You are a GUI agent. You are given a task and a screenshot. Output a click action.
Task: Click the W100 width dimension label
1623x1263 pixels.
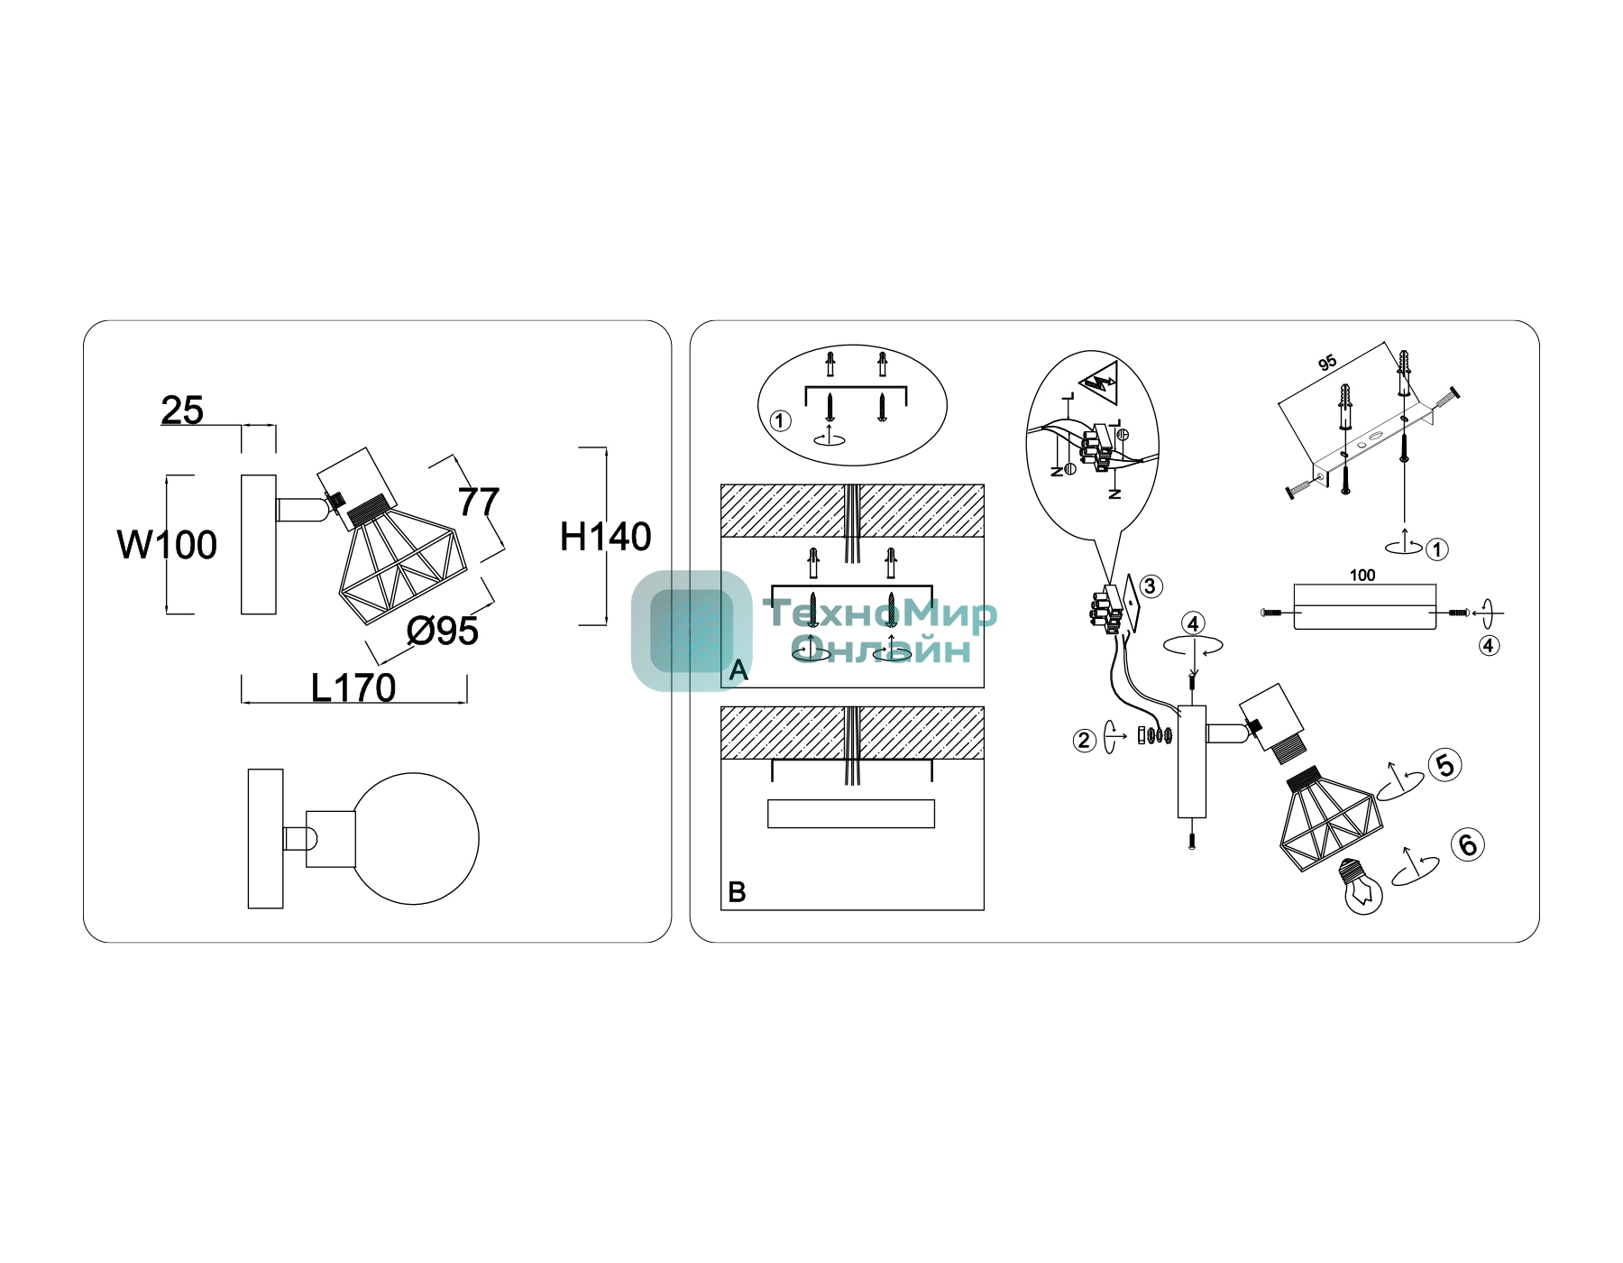pyautogui.click(x=168, y=545)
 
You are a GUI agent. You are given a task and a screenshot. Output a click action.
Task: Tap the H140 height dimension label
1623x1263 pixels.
pyautogui.click(x=606, y=537)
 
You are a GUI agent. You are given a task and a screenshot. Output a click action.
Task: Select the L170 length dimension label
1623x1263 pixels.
pyautogui.click(x=353, y=688)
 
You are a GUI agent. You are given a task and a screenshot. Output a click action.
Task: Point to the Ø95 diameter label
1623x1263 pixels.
pyautogui.click(x=442, y=631)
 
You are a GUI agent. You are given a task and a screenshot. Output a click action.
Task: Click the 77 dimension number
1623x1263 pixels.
pyautogui.click(x=479, y=502)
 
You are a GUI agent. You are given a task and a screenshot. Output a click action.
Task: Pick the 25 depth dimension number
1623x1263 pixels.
pyautogui.click(x=182, y=410)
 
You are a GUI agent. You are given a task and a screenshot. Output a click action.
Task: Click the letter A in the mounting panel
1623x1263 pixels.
pyautogui.click(x=738, y=670)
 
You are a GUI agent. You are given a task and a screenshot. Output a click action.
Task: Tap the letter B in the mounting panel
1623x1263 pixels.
pyautogui.click(x=737, y=892)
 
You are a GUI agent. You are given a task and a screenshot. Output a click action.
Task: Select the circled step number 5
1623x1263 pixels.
pyautogui.click(x=1445, y=765)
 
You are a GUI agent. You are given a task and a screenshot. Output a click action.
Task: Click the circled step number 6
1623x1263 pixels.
pyautogui.click(x=1468, y=844)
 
